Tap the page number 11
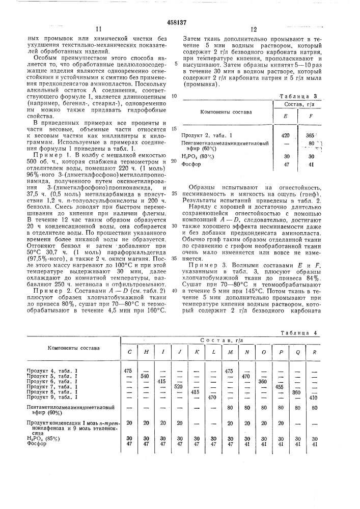99,30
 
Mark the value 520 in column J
178,386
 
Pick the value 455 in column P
279,386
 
